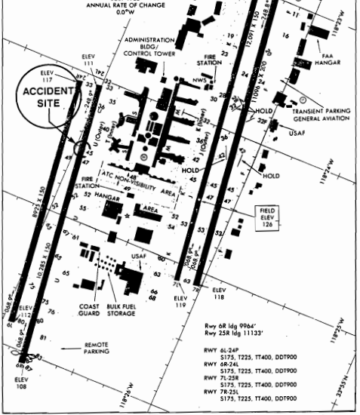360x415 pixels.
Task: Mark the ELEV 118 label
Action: [219, 293]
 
